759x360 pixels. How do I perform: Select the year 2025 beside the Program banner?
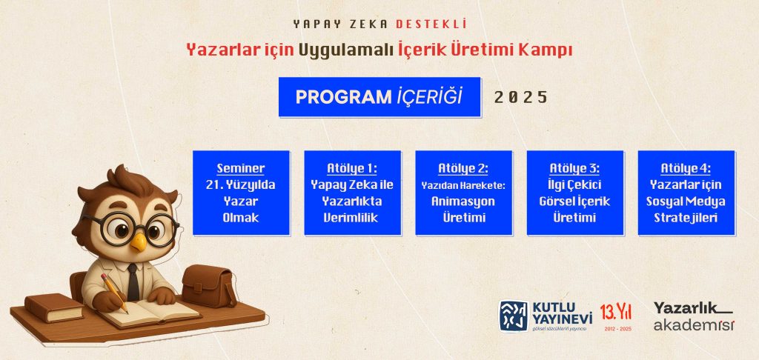click(521, 97)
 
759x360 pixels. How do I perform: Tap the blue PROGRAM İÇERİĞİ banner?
click(379, 97)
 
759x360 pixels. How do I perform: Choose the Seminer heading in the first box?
click(241, 168)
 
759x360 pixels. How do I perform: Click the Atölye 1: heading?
click(352, 168)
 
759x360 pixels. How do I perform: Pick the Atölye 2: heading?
click(463, 168)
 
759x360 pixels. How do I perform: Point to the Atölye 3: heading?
click(574, 168)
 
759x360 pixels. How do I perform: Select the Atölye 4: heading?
click(686, 168)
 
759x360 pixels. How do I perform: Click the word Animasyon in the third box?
click(463, 201)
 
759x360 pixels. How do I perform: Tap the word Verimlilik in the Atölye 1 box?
click(351, 218)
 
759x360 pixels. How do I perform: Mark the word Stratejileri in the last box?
click(686, 218)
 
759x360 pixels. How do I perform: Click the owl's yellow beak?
click(139, 241)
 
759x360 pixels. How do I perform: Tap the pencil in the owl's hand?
click(114, 293)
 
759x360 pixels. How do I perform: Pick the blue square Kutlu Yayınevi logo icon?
click(514, 316)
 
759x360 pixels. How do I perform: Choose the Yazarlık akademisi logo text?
click(694, 316)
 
